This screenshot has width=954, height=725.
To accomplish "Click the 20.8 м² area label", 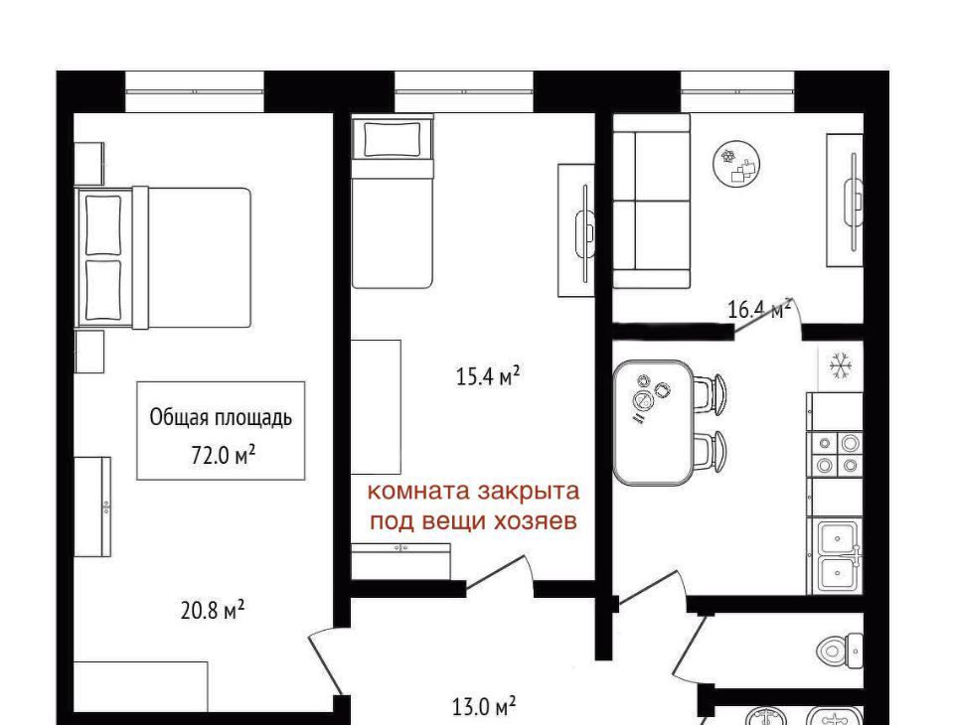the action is (213, 610).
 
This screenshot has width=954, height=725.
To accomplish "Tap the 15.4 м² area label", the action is (487, 376).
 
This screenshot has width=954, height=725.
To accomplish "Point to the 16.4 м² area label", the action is (760, 310).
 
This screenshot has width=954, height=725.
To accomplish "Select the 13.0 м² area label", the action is (484, 707).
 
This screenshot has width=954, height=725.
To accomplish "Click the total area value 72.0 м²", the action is (223, 454).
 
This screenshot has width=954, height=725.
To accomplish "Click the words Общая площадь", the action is (221, 418).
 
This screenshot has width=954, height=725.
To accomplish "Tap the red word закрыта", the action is (528, 491).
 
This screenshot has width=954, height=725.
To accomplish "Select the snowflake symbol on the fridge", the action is (841, 366).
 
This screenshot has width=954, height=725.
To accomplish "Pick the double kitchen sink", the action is (837, 556).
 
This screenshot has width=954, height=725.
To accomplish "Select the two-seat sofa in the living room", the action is (651, 201).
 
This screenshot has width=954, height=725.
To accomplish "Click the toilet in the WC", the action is (840, 651).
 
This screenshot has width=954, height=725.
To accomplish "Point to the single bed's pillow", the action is (392, 139).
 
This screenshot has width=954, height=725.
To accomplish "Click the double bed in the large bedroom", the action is (163, 257).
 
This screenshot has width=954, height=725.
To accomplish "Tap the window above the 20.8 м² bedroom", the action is (195, 91).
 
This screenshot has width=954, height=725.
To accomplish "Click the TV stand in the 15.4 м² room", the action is (576, 230).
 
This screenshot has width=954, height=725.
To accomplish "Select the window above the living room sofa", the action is (737, 91).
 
